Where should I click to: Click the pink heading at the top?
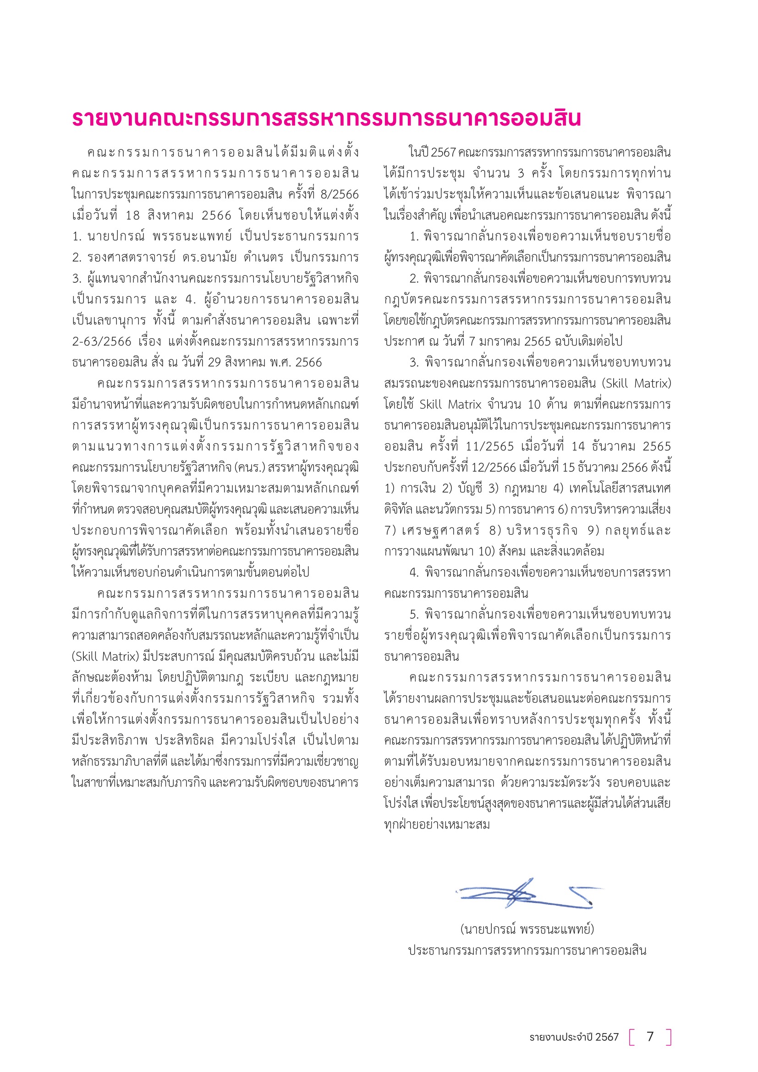(326, 119)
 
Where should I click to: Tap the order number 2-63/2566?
(101, 341)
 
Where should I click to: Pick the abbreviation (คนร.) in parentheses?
(251, 467)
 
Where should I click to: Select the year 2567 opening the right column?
(444, 152)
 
